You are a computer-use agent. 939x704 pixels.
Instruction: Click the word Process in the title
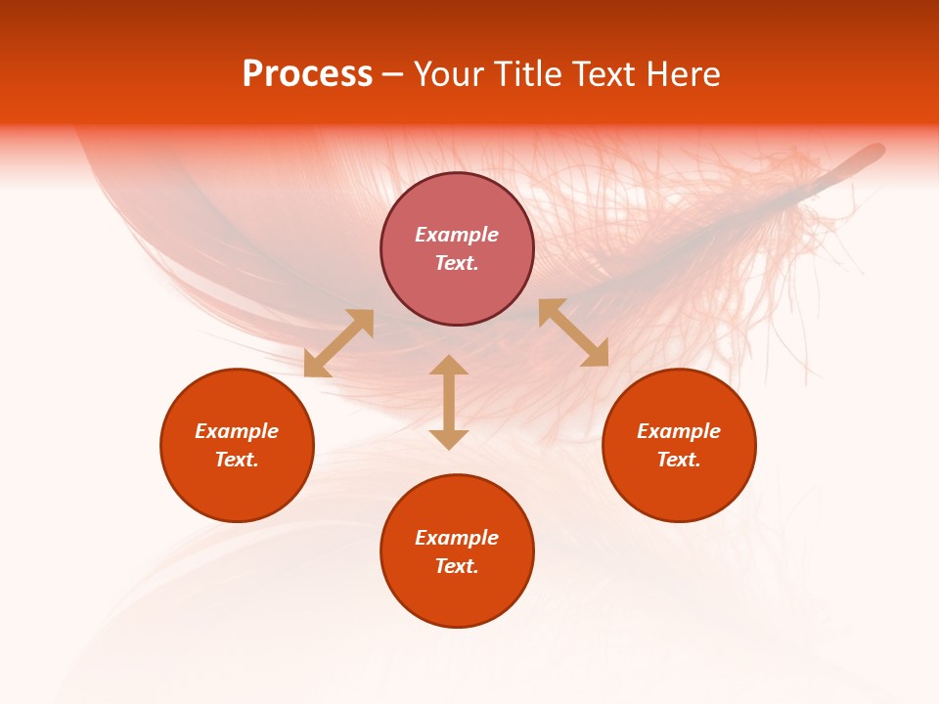click(x=307, y=75)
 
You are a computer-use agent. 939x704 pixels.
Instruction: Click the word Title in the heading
click(x=524, y=75)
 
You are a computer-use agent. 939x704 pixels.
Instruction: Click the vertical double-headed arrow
click(x=449, y=402)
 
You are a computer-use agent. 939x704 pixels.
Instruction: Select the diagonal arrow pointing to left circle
click(x=338, y=343)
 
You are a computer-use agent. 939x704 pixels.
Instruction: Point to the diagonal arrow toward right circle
click(x=573, y=332)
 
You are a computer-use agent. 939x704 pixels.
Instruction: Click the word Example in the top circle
click(x=457, y=235)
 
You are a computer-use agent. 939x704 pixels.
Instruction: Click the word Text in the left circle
click(x=237, y=460)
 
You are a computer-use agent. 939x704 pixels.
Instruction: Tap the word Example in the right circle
click(x=679, y=431)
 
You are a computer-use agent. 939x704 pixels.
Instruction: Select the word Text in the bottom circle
click(x=457, y=566)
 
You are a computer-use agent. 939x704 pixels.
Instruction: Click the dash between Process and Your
click(x=392, y=75)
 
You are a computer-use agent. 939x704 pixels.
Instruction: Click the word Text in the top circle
click(x=457, y=263)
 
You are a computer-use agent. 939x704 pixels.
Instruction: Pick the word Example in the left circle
click(x=237, y=431)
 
